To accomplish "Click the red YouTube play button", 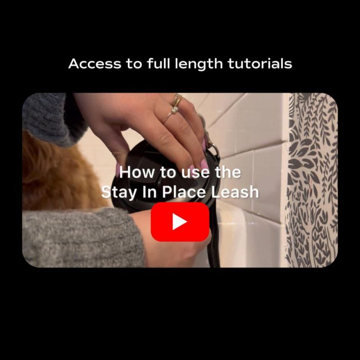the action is click(180, 222).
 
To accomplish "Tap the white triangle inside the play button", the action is click(179, 222).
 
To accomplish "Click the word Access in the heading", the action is click(94, 64).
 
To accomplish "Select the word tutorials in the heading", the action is click(260, 63).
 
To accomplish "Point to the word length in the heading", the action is click(198, 64).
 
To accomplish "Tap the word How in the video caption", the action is click(137, 172).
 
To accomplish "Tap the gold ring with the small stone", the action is click(171, 114).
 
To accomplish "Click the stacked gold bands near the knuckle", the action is click(177, 99).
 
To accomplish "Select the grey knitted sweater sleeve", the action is click(83, 238).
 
